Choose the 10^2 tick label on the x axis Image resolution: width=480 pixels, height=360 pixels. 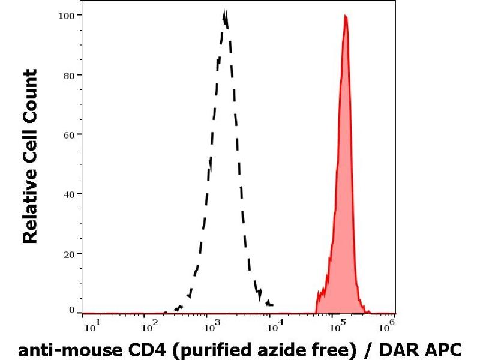coord(149,326)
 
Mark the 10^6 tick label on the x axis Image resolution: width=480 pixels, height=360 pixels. coord(389,326)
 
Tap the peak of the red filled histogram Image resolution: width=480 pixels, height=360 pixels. coord(346,16)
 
